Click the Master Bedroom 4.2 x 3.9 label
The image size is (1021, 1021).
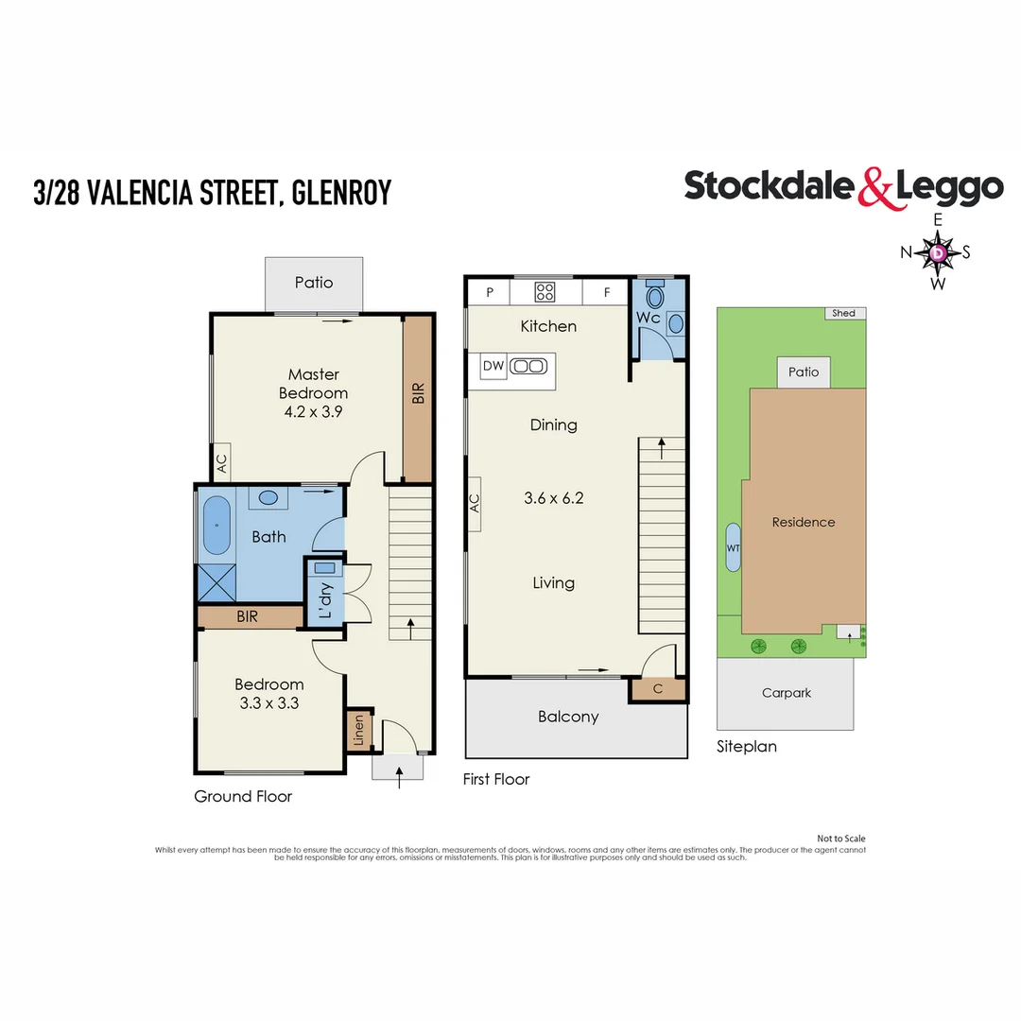pos(313,392)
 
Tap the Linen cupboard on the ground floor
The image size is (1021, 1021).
pos(358,732)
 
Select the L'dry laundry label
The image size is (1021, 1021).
pos(324,598)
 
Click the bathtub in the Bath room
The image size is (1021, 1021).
pos(216,526)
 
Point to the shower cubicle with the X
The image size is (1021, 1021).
pos(216,582)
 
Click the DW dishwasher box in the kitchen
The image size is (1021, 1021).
pos(493,366)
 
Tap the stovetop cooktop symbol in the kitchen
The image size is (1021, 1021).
pos(545,292)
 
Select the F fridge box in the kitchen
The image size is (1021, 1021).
pos(607,292)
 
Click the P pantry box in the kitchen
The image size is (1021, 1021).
pos(490,292)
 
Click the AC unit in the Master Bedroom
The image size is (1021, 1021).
pos(221,463)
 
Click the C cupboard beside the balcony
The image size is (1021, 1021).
pos(658,690)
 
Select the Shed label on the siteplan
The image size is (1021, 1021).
pos(843,313)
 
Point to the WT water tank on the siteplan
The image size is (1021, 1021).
pos(733,547)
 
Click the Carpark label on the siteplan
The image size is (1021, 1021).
pos(787,693)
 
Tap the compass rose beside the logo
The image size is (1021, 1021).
pos(938,252)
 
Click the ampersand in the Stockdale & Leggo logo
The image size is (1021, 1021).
pos(875,187)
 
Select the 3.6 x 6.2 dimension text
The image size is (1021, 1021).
pos(553,497)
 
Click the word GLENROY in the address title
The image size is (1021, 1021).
pos(341,193)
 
